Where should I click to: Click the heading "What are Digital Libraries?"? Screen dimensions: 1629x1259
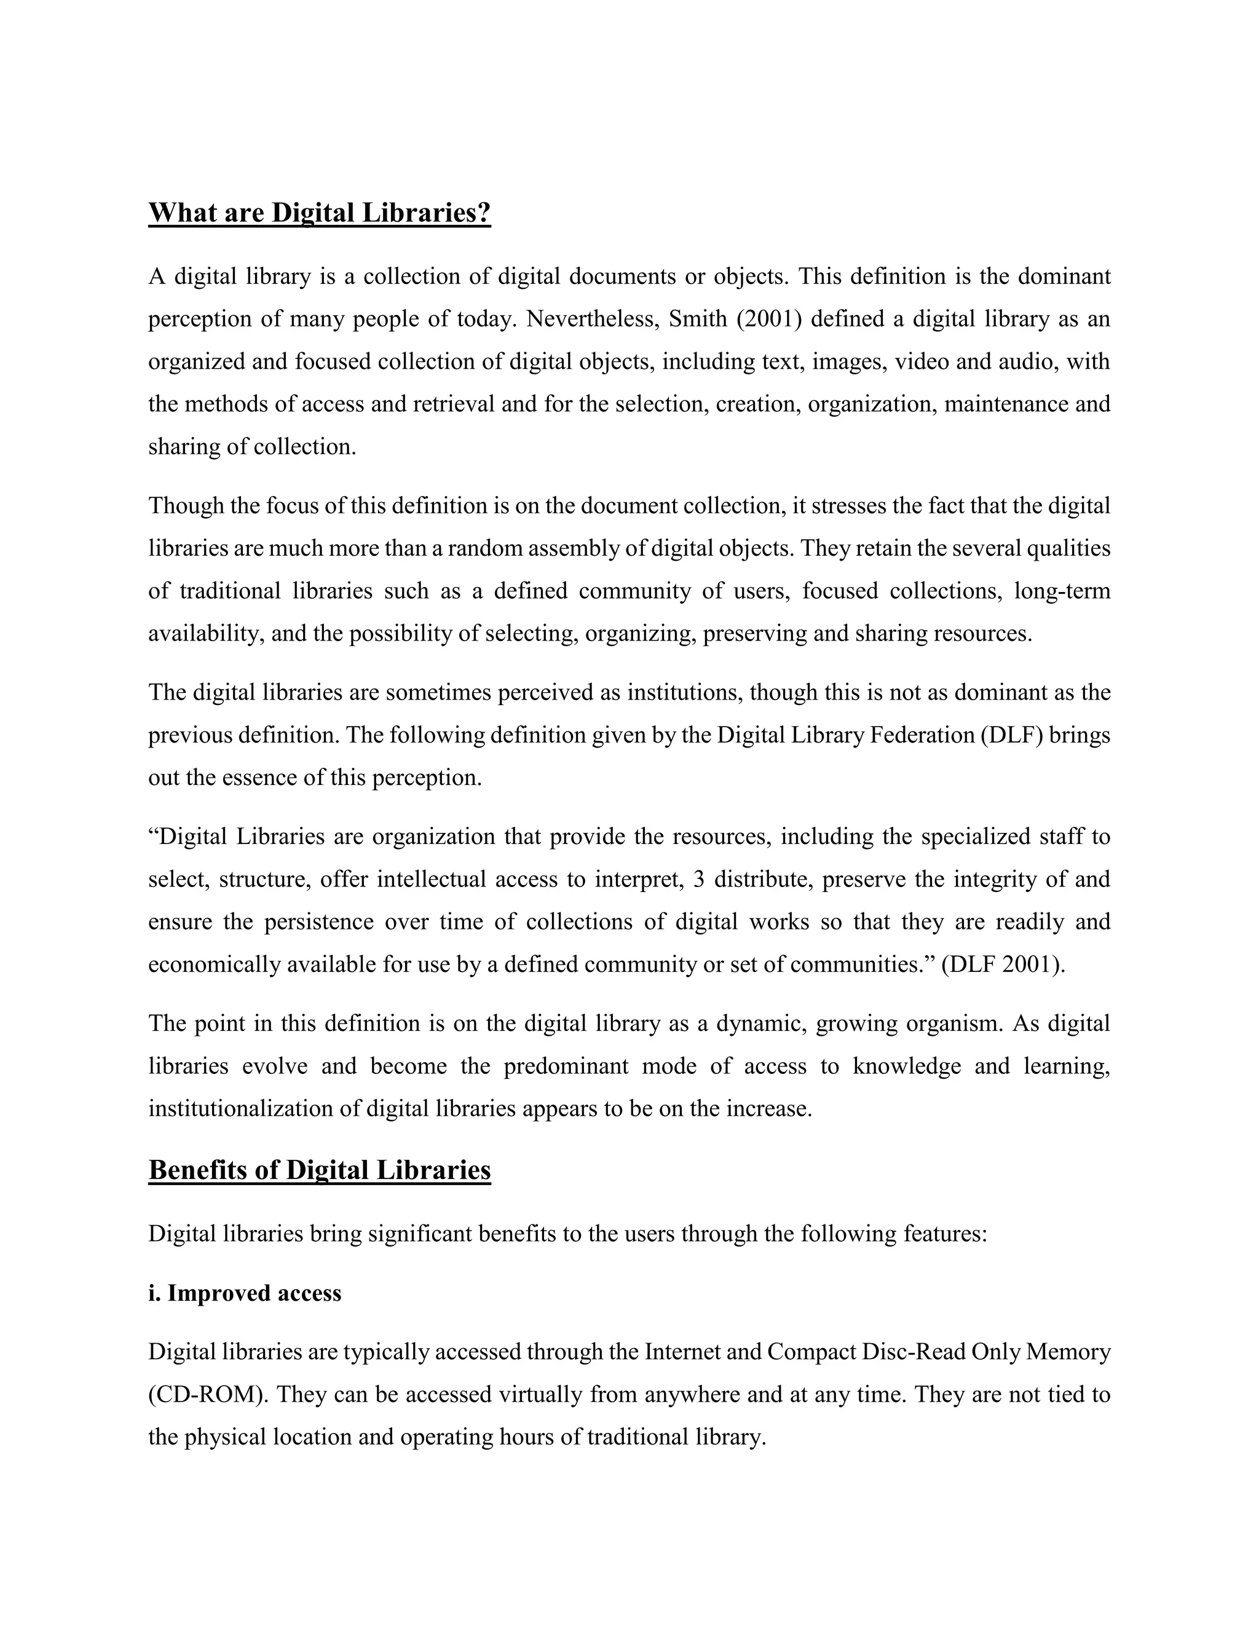[319, 213]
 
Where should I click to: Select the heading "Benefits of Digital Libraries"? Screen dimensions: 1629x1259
[319, 1170]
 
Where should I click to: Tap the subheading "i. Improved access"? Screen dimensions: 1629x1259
[245, 1293]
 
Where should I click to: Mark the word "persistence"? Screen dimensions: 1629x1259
[318, 922]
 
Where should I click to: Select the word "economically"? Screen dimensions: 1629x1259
[211, 964]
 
